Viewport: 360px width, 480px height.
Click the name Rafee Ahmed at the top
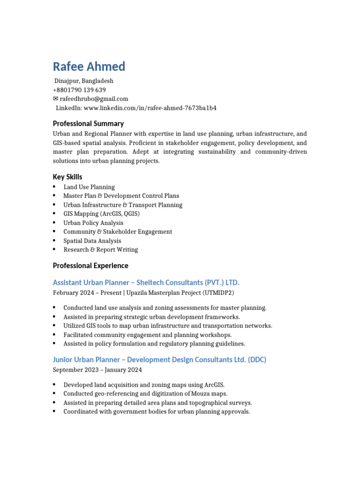[89, 67]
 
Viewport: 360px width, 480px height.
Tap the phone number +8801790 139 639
[79, 90]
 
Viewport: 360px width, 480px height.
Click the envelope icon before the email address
[56, 99]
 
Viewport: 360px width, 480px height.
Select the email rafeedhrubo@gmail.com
[94, 99]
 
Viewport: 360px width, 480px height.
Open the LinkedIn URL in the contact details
[150, 108]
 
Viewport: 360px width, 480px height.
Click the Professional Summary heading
[88, 124]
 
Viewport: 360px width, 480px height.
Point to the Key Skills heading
[67, 177]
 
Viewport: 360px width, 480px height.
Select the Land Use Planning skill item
[89, 187]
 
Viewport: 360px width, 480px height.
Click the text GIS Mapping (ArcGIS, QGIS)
[102, 214]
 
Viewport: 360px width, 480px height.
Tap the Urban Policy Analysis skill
[93, 223]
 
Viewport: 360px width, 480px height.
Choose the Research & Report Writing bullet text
[101, 249]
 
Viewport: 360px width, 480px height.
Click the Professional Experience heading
[90, 266]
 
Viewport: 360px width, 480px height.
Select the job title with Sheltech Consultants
[146, 283]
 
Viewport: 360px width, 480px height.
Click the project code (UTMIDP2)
[217, 293]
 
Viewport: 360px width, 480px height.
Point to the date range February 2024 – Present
[85, 293]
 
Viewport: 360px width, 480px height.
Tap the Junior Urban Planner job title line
[159, 360]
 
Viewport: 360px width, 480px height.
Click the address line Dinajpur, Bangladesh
[84, 81]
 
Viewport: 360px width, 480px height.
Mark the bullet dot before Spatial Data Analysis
[55, 240]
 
